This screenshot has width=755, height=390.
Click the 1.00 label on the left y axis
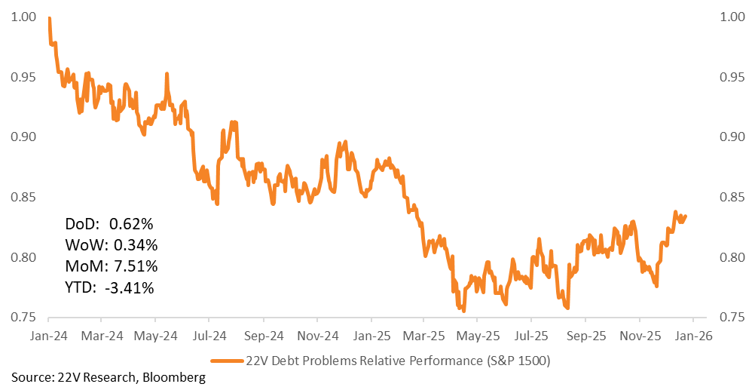pos(23,17)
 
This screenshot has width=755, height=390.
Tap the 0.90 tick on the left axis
pos(23,137)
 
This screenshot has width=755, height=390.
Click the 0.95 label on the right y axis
pos(733,78)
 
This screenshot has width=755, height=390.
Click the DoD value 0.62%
pos(131,224)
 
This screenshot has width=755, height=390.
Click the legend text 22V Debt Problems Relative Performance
pos(399,361)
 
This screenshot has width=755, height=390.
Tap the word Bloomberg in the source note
pos(174,377)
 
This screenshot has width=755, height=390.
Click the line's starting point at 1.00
pos(49,18)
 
